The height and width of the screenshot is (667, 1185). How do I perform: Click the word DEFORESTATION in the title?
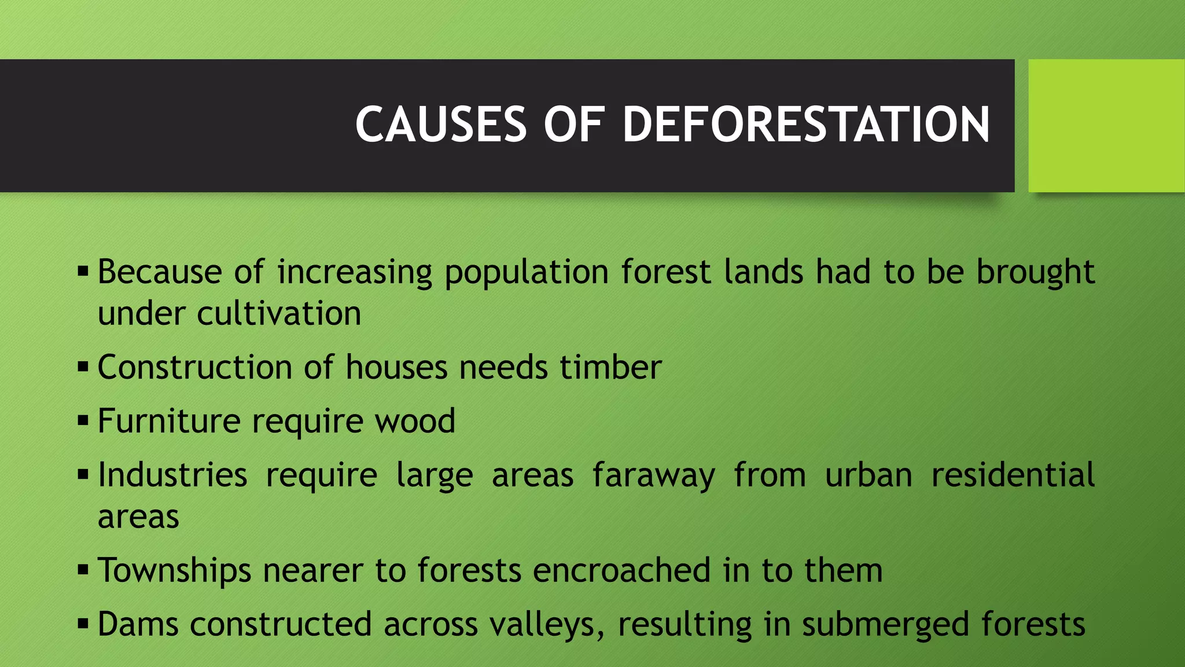pos(805,124)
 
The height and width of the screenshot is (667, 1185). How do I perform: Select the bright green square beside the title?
pos(1106,126)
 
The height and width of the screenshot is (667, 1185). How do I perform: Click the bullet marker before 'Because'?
pos(83,271)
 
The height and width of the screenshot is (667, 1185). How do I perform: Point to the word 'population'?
pos(526,272)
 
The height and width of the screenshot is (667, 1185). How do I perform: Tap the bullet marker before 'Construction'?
pos(83,367)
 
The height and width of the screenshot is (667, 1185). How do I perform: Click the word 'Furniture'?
pos(169,420)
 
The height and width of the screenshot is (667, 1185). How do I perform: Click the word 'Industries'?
pos(172,475)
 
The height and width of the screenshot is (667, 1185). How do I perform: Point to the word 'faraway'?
pos(654,476)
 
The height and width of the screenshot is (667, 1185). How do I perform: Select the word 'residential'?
pos(1013,475)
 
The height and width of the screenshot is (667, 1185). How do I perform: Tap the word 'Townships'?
pos(174,571)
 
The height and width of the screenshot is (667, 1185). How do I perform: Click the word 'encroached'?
pos(621,570)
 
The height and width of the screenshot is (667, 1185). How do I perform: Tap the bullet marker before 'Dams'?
pos(83,624)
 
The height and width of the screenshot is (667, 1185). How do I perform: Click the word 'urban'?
pos(868,475)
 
